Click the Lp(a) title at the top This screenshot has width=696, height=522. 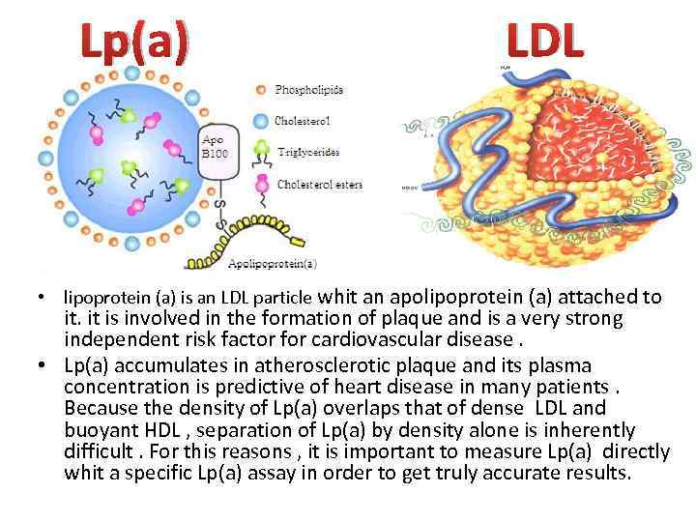coord(134,43)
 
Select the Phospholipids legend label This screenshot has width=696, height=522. coord(309,90)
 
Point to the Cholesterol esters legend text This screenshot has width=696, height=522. coord(319,184)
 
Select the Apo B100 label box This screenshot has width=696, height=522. coord(216,146)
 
